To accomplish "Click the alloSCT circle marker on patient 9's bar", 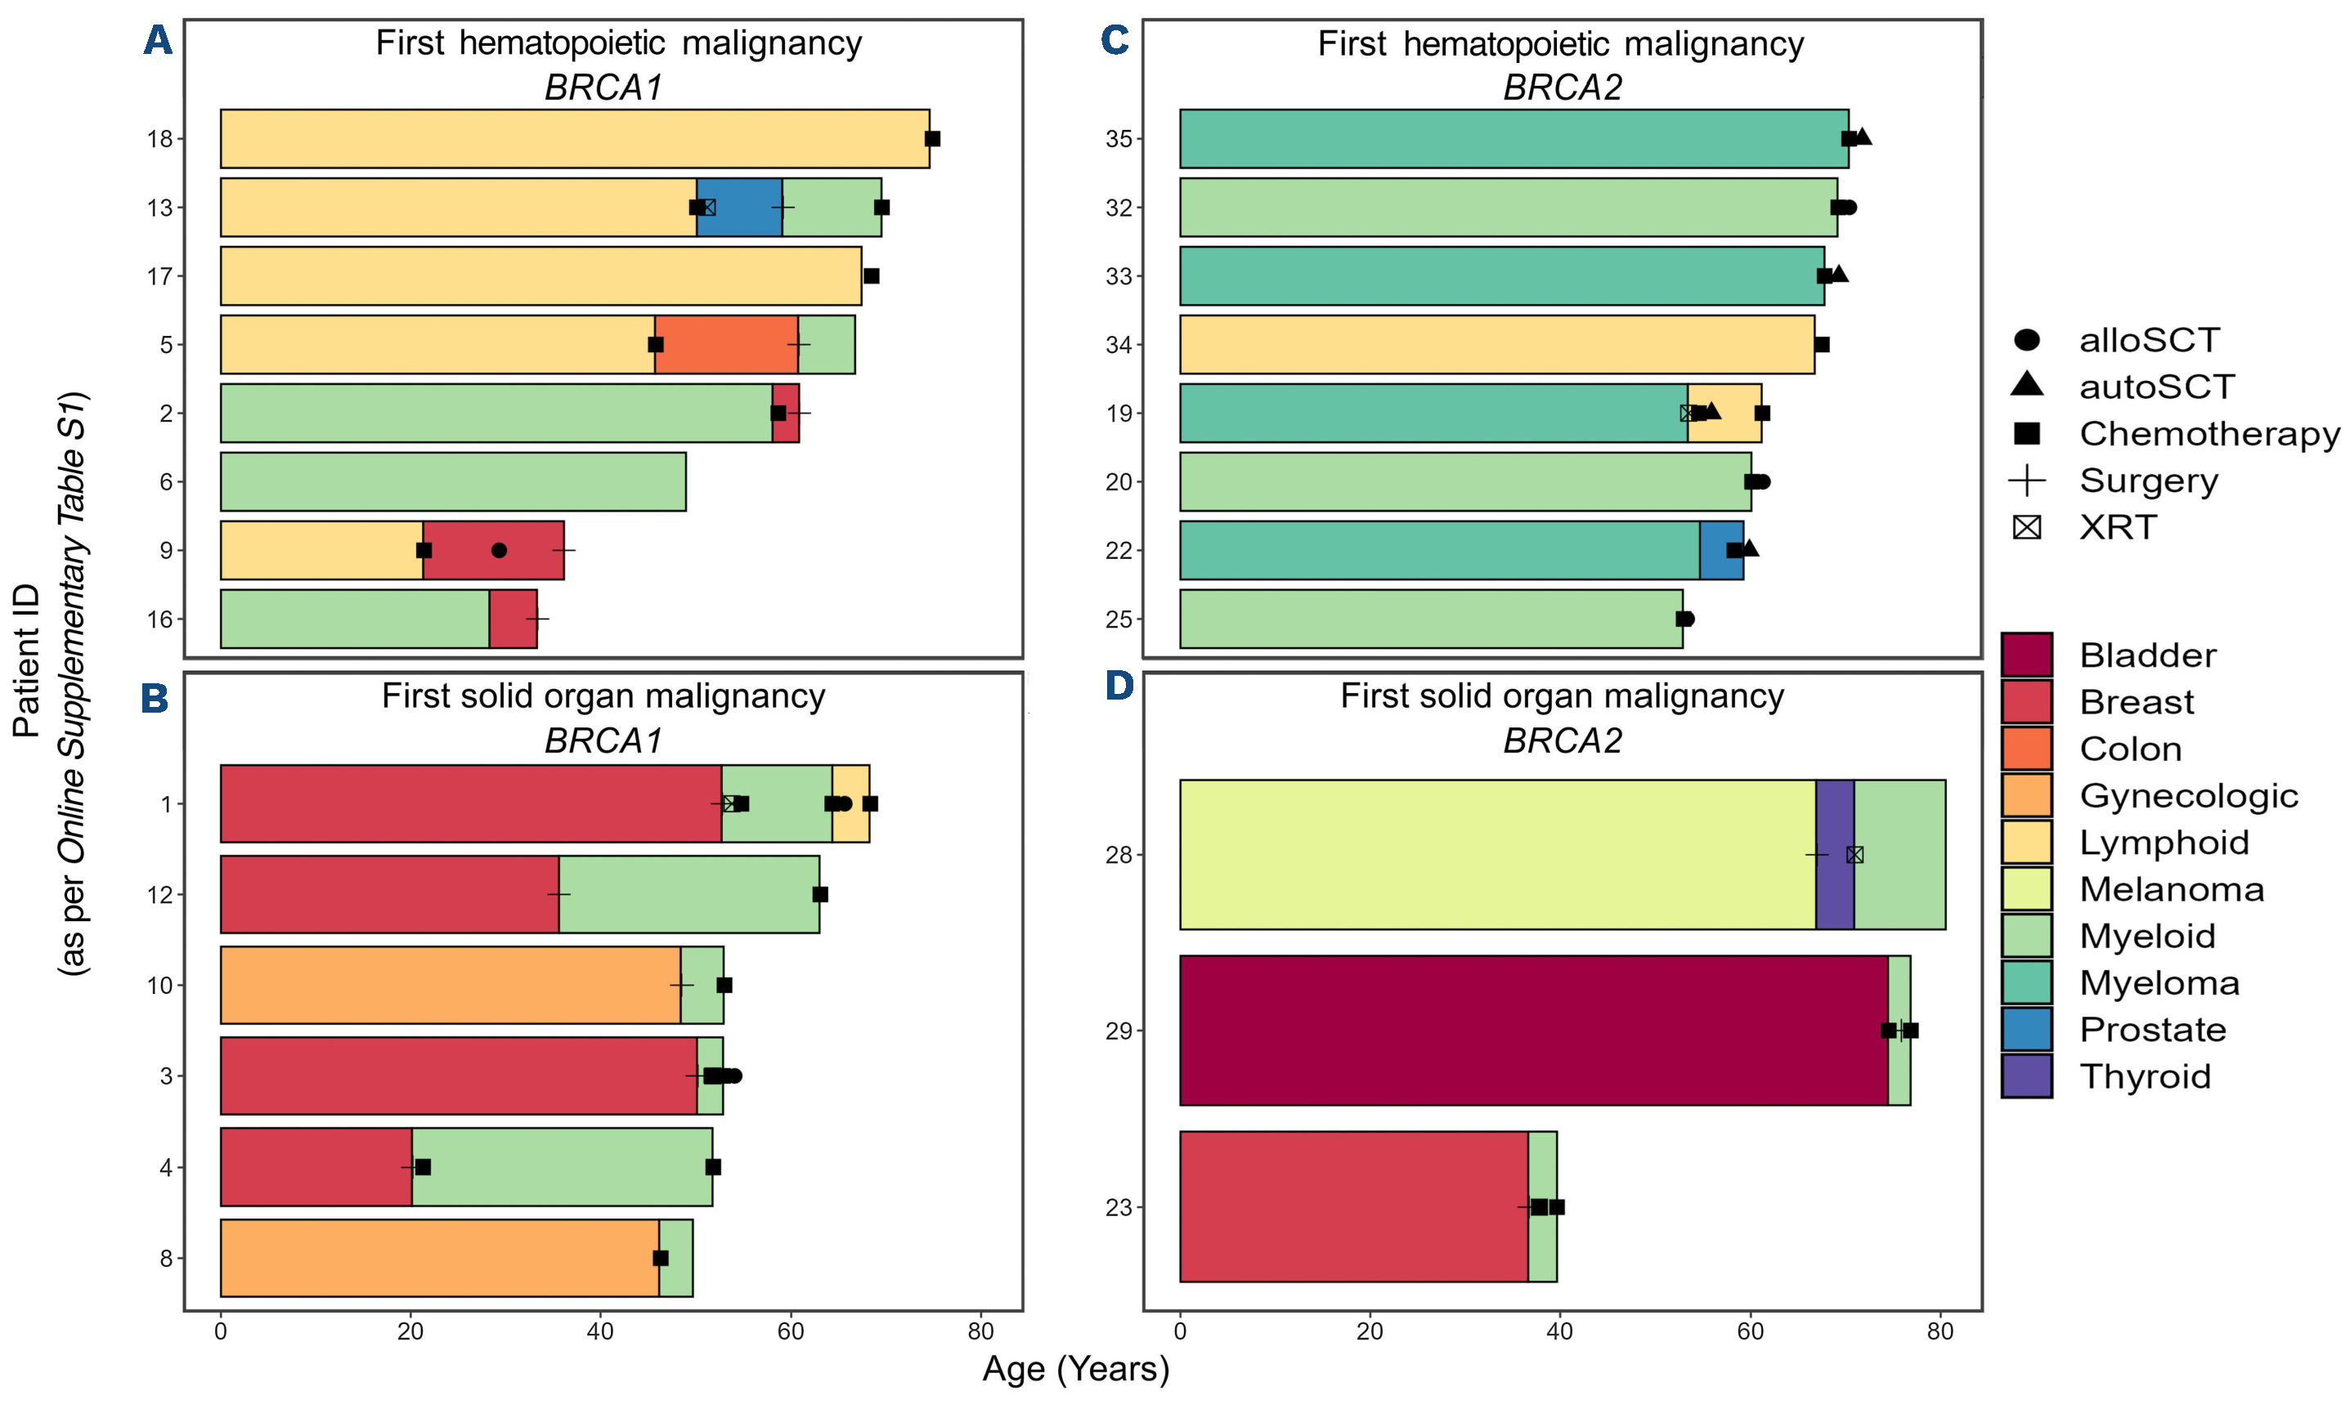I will coord(499,551).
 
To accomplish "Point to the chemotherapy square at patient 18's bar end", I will coord(932,139).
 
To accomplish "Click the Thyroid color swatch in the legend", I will coord(2026,1076).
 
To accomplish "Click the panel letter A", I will coord(158,41).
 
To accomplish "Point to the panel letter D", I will coord(1118,685).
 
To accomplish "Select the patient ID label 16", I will coord(159,619).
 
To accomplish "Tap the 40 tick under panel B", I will coord(600,1331).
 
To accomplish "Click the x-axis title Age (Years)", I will coord(1075,1369).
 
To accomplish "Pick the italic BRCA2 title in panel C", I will coord(1562,87).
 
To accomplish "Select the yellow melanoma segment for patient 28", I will coord(1497,855).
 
